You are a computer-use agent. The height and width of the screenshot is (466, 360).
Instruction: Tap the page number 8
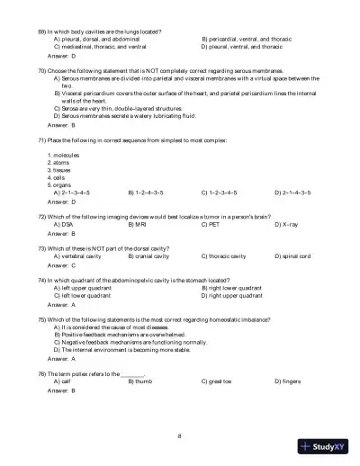pos(180,436)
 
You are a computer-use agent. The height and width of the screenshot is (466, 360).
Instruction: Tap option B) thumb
pos(140,407)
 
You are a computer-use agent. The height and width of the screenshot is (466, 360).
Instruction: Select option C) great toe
pos(218,407)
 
